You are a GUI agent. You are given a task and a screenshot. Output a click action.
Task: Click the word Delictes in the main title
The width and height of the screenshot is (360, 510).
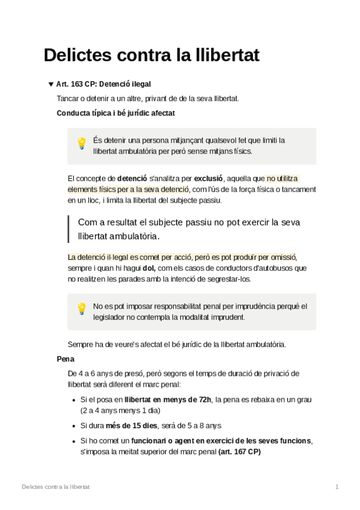coord(79,55)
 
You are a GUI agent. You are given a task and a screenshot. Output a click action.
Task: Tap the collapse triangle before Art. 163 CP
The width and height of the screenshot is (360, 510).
coord(50,84)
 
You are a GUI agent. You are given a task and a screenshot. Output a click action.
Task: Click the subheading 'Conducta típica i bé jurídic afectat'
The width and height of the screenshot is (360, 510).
coord(116,112)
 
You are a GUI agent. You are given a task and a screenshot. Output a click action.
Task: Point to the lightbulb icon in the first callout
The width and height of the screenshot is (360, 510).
coord(82,144)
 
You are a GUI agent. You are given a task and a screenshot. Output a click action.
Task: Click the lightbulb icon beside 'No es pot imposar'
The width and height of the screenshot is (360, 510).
coord(82,309)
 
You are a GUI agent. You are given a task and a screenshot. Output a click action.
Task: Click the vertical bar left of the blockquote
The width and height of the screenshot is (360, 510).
coord(69,229)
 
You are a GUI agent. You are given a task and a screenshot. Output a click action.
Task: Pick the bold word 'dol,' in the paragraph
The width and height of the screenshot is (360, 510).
coord(150,268)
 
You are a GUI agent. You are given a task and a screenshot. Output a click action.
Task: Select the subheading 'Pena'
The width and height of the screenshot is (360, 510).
coord(65,359)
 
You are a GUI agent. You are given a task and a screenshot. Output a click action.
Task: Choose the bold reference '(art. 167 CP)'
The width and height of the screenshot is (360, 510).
coord(240,452)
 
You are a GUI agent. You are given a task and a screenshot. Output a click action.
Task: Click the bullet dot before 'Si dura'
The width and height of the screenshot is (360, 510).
coord(73,426)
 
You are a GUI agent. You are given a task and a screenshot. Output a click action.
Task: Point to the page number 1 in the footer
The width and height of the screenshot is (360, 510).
coord(337,487)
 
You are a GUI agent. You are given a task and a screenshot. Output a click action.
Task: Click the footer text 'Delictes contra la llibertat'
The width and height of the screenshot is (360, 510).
coord(55,487)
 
